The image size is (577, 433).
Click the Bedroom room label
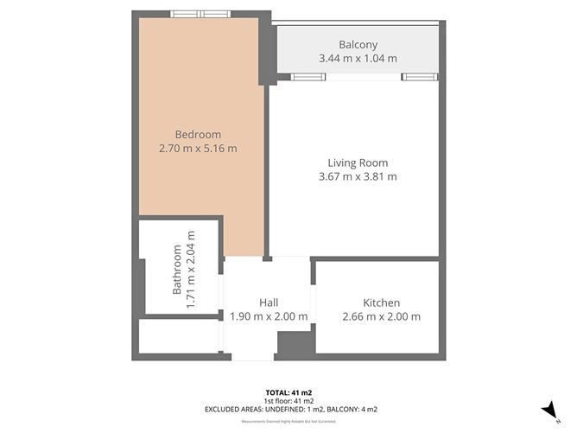[198, 134]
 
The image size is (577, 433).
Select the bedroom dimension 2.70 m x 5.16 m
[198, 149]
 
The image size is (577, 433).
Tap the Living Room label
[357, 162]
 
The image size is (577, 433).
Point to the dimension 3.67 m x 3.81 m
[357, 177]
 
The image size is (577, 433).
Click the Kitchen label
[381, 302]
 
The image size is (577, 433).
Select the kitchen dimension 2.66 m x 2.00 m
[381, 316]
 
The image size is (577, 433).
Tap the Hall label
[269, 302]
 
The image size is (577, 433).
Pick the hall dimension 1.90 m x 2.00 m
[269, 316]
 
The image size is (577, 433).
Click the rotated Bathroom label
[176, 270]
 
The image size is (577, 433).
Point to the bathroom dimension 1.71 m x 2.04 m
[191, 270]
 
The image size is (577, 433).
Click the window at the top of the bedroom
[200, 14]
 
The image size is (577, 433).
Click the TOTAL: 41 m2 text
[288, 392]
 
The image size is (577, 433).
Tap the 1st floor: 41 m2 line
[288, 401]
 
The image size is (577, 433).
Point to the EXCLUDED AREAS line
[288, 410]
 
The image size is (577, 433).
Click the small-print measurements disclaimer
[288, 421]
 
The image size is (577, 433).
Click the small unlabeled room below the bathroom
[178, 336]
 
